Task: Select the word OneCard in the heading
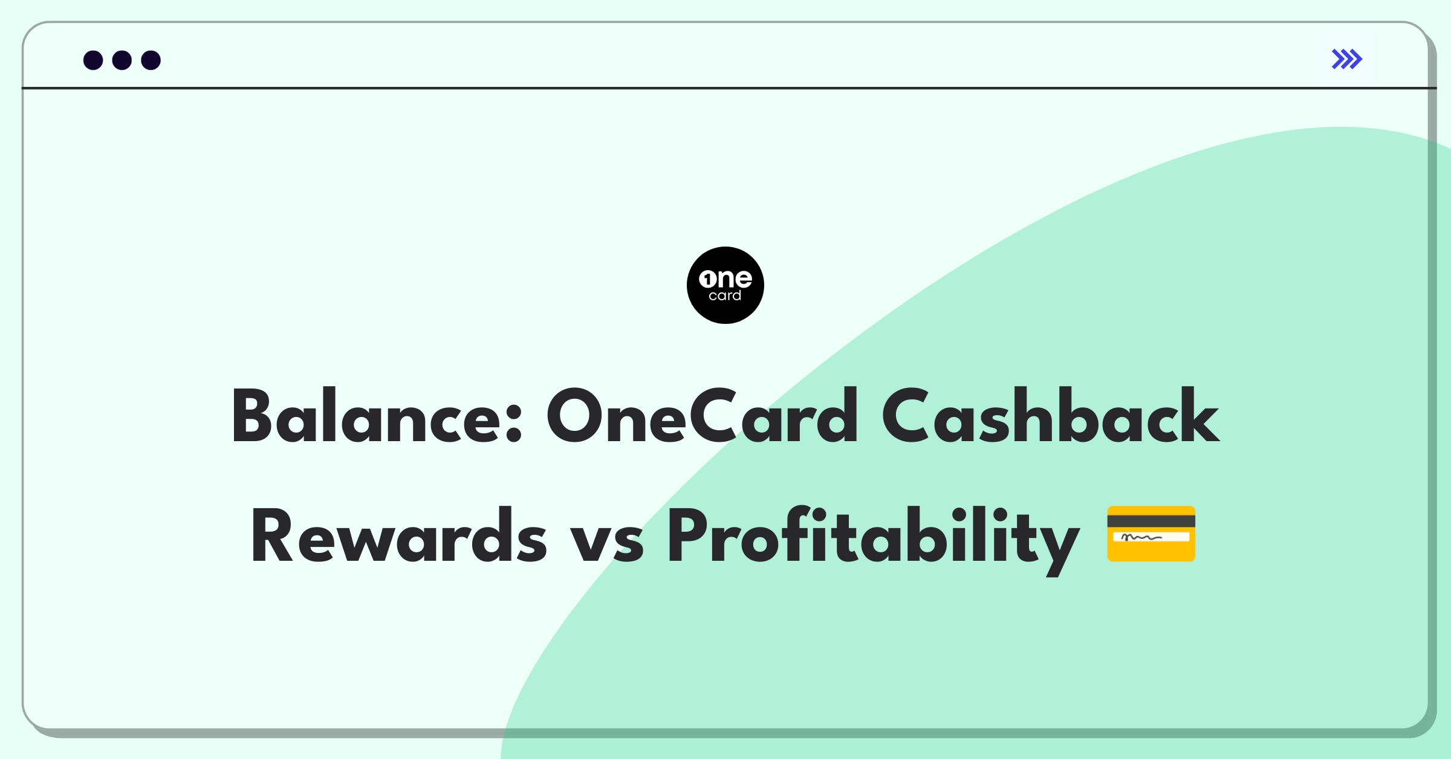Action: (702, 416)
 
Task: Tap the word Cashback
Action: (1050, 416)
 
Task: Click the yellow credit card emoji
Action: (1151, 534)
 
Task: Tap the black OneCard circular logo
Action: (725, 285)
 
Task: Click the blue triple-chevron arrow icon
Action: (1347, 59)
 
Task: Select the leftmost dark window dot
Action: (93, 60)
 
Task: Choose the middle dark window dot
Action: (122, 60)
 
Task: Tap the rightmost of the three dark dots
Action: (151, 60)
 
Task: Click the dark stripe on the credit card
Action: (1151, 521)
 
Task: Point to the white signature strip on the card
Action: (1151, 537)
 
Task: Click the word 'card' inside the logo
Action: (725, 296)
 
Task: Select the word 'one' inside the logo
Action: (725, 279)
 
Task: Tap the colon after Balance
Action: (513, 425)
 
